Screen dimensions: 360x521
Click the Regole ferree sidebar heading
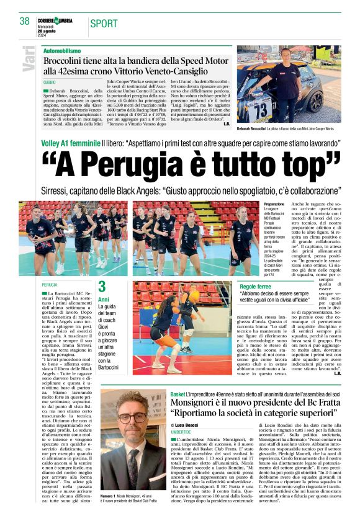click(x=256, y=287)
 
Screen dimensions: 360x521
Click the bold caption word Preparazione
click(x=274, y=204)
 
